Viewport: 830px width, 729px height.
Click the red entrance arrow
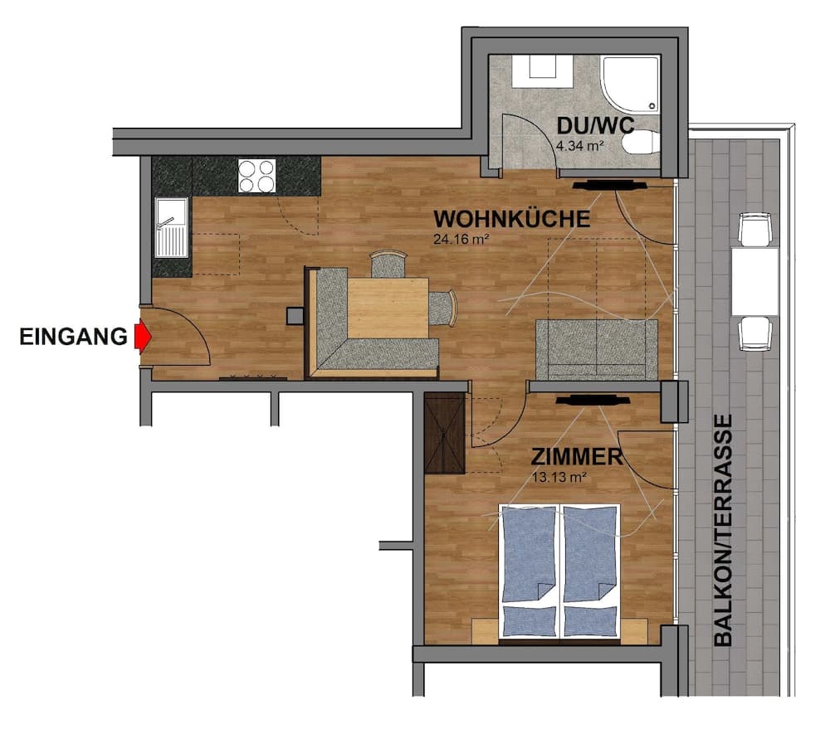143,337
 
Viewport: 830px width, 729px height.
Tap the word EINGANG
74,337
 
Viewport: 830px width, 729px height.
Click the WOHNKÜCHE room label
512,219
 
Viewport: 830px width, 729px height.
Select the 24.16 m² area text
461,239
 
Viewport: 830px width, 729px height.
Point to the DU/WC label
595,126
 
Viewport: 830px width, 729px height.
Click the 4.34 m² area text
580,145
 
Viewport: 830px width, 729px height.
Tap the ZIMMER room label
577,457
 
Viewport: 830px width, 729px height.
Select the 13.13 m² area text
559,478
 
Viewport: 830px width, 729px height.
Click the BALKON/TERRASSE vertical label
723,530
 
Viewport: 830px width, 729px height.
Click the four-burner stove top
256,176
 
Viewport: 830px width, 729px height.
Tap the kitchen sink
172,227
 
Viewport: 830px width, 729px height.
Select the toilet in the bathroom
641,143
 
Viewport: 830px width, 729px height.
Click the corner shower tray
631,83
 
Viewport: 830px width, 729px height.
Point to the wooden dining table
388,309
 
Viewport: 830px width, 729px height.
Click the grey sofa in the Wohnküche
597,350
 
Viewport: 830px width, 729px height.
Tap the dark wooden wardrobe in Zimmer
445,433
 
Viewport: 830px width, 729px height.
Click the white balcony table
754,281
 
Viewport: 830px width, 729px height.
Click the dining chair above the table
388,265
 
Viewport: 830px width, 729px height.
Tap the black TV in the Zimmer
593,400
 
